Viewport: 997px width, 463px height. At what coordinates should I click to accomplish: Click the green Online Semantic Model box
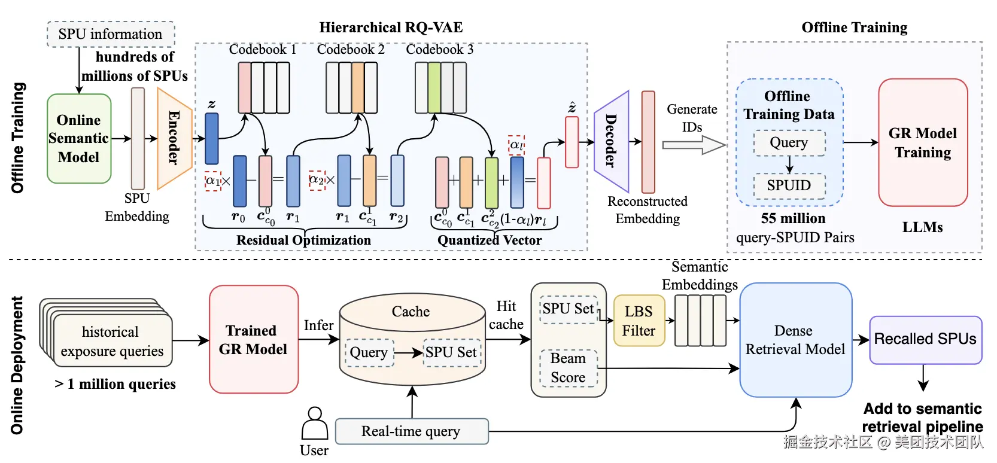(79, 138)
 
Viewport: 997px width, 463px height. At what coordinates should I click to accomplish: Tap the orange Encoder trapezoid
(175, 138)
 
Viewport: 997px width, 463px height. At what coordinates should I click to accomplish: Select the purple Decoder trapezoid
(612, 141)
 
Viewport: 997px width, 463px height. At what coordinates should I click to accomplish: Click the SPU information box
(111, 34)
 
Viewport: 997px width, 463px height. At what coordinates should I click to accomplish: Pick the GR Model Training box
(923, 142)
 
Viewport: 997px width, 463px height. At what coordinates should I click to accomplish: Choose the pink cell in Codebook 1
(244, 87)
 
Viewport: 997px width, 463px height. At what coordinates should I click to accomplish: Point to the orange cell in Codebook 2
(358, 87)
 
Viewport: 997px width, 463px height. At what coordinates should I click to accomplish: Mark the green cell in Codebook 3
(434, 87)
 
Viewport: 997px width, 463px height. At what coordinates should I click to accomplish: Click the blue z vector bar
(211, 139)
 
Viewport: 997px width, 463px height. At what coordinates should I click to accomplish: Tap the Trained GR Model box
(254, 339)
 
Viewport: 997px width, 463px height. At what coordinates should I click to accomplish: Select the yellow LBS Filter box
(639, 321)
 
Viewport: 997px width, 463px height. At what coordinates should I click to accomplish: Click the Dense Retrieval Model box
(796, 340)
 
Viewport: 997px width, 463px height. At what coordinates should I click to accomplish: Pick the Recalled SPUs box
(926, 340)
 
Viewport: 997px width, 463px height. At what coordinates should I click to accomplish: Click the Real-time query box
(412, 431)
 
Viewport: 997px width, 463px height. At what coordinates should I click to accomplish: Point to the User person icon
(315, 423)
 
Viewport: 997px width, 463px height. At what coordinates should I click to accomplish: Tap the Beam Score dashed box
(569, 368)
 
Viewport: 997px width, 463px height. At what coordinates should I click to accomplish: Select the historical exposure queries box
(112, 341)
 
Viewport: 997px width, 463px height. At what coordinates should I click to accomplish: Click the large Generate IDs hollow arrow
(694, 145)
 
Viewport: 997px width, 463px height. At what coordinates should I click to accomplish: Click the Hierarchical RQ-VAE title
(391, 28)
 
